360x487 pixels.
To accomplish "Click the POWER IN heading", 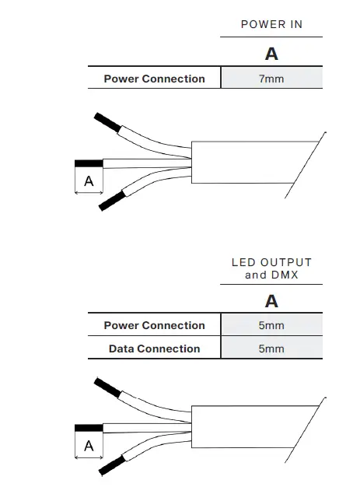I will click(x=271, y=24).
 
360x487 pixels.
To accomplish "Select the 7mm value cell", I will click(x=271, y=79).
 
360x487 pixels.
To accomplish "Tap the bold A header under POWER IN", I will click(x=271, y=54).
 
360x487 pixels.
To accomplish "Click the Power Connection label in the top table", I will click(x=154, y=79).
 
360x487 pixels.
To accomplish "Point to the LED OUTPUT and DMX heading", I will click(x=271, y=268).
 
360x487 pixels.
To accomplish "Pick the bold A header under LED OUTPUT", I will click(x=271, y=301).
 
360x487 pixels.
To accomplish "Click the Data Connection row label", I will click(x=154, y=349).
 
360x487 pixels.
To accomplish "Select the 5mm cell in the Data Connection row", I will click(x=271, y=349).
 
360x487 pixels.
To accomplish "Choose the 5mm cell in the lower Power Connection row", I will click(x=271, y=325).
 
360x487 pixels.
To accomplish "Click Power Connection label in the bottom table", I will click(x=154, y=325).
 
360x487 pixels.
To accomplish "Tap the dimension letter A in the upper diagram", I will click(x=89, y=181).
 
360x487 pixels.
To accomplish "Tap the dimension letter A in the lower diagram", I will click(x=89, y=446).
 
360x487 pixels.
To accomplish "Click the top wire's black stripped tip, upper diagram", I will click(x=105, y=121).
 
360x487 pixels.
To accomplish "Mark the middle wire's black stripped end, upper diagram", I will click(x=88, y=163).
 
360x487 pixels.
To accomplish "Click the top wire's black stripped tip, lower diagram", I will click(x=105, y=386).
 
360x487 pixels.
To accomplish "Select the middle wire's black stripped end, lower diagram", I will click(x=88, y=428).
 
